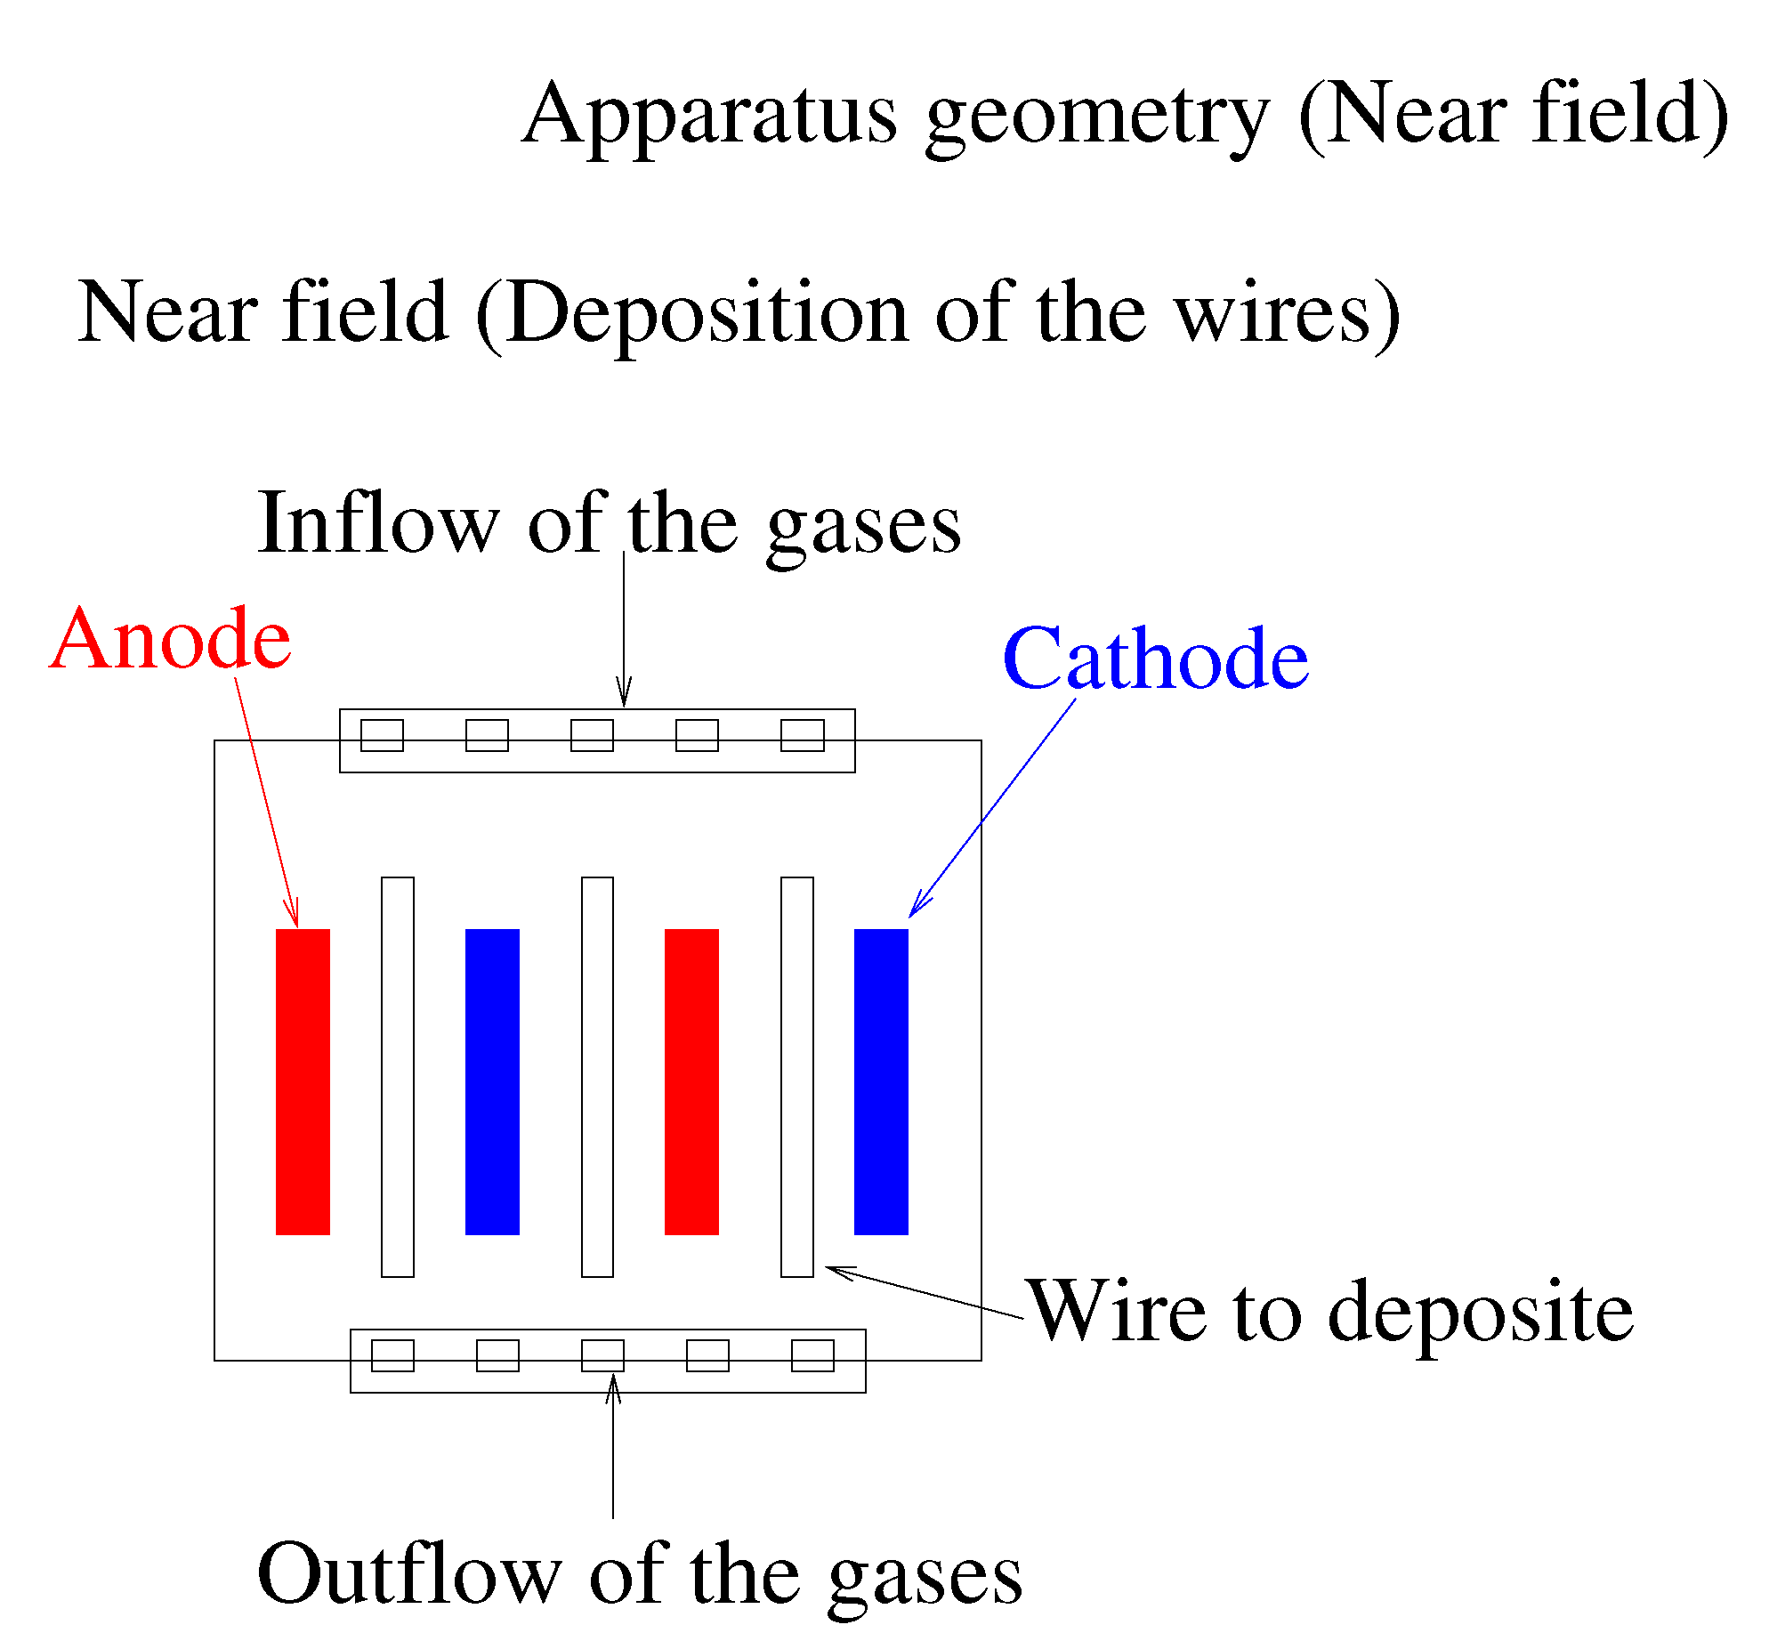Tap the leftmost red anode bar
pos(303,1081)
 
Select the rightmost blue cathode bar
pos(881,1081)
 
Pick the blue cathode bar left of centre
pos(492,1081)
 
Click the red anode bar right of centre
pos(691,1081)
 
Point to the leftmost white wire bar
pos(398,1077)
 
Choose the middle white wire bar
pos(597,1077)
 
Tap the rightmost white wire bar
pos(797,1077)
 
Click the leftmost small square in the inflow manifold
pos(382,736)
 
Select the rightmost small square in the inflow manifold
pos(803,736)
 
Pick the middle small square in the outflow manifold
pos(602,1355)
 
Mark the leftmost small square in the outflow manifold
pos(392,1355)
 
